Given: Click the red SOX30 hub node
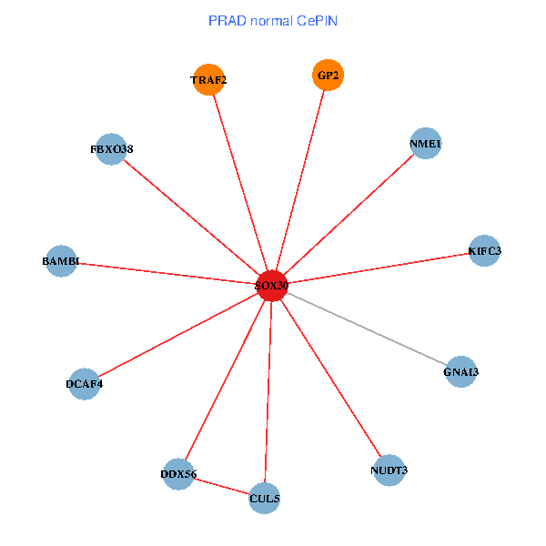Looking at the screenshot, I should (x=272, y=286).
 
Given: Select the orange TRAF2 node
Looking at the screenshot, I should (x=208, y=80).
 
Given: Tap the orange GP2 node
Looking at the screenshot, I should (x=328, y=75).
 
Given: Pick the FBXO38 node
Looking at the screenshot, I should (x=111, y=149).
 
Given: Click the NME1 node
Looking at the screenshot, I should (x=426, y=144).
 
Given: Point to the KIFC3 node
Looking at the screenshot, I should (x=485, y=250).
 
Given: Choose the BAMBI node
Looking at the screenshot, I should (x=61, y=261).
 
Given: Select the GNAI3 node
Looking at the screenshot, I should (x=461, y=371).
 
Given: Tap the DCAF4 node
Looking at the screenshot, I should (x=84, y=384).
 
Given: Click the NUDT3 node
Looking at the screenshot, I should (x=389, y=470).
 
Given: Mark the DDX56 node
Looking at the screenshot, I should (x=177, y=474).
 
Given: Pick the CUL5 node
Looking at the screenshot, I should (x=264, y=499).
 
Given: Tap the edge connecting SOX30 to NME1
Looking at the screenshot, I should (x=349, y=215).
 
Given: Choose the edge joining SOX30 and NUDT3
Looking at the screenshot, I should (x=330, y=379).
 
